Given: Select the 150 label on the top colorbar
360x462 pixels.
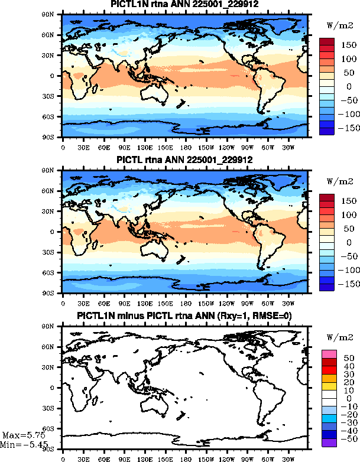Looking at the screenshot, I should point(347,45).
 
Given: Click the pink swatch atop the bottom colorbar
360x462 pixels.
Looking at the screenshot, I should point(329,353).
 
